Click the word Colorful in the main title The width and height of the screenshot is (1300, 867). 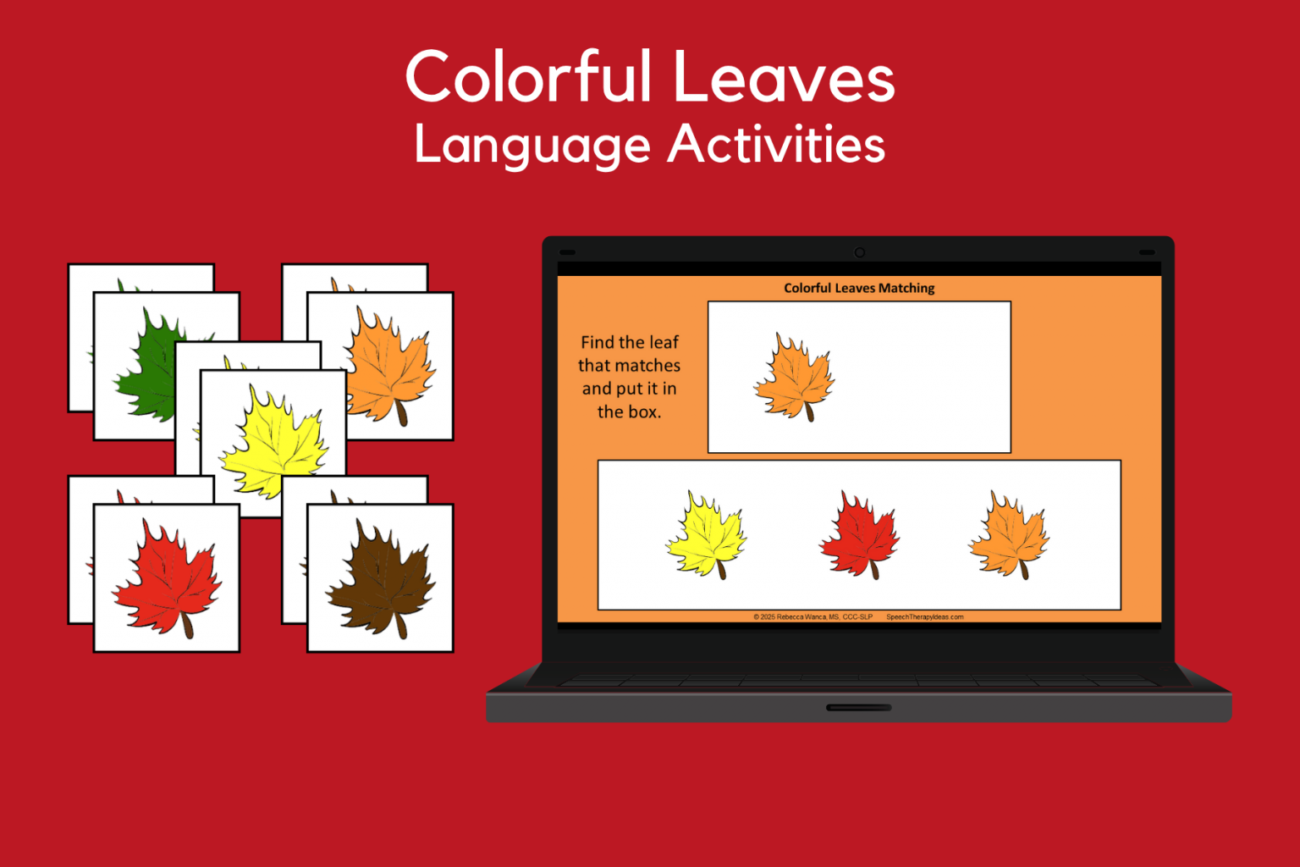click(x=529, y=77)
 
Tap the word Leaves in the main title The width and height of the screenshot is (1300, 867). click(x=784, y=79)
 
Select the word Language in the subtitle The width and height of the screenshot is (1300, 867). click(x=532, y=146)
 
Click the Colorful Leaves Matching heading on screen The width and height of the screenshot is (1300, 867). click(x=859, y=288)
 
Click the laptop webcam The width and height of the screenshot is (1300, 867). click(x=859, y=252)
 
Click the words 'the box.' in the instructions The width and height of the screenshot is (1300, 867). click(x=629, y=412)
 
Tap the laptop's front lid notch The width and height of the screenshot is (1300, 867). click(x=858, y=707)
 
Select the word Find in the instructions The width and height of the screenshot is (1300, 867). click(x=597, y=343)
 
